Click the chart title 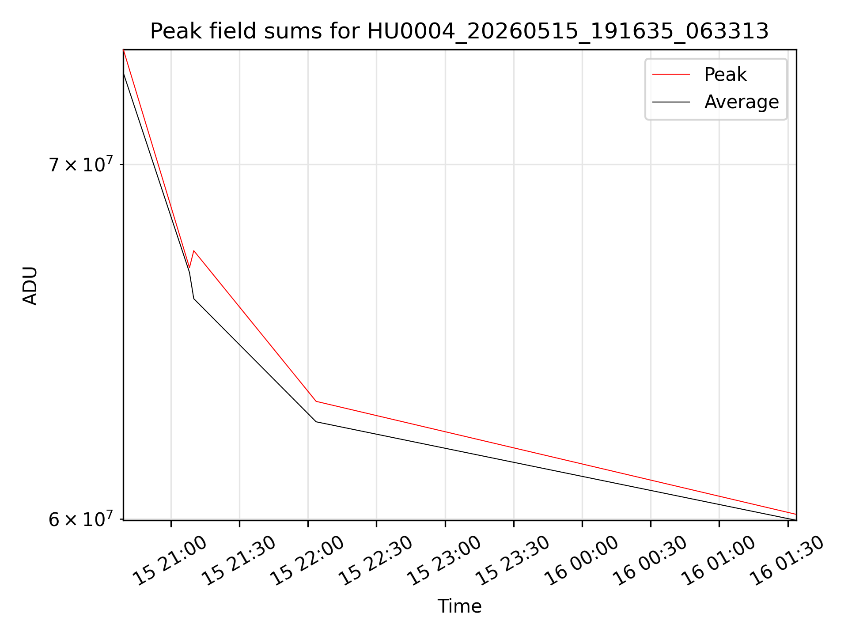coord(459,31)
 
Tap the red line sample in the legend coord(671,74)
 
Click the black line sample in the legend coord(671,102)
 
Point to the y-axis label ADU coord(30,285)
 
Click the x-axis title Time coord(459,606)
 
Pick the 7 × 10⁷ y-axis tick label coord(81,164)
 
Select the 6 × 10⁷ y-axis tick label coord(81,519)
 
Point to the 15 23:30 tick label coord(512,560)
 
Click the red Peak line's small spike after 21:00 coord(193,251)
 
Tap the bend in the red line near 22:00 coord(316,401)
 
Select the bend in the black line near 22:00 coord(316,421)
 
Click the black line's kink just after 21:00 coord(193,299)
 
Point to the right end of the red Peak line coord(796,514)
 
